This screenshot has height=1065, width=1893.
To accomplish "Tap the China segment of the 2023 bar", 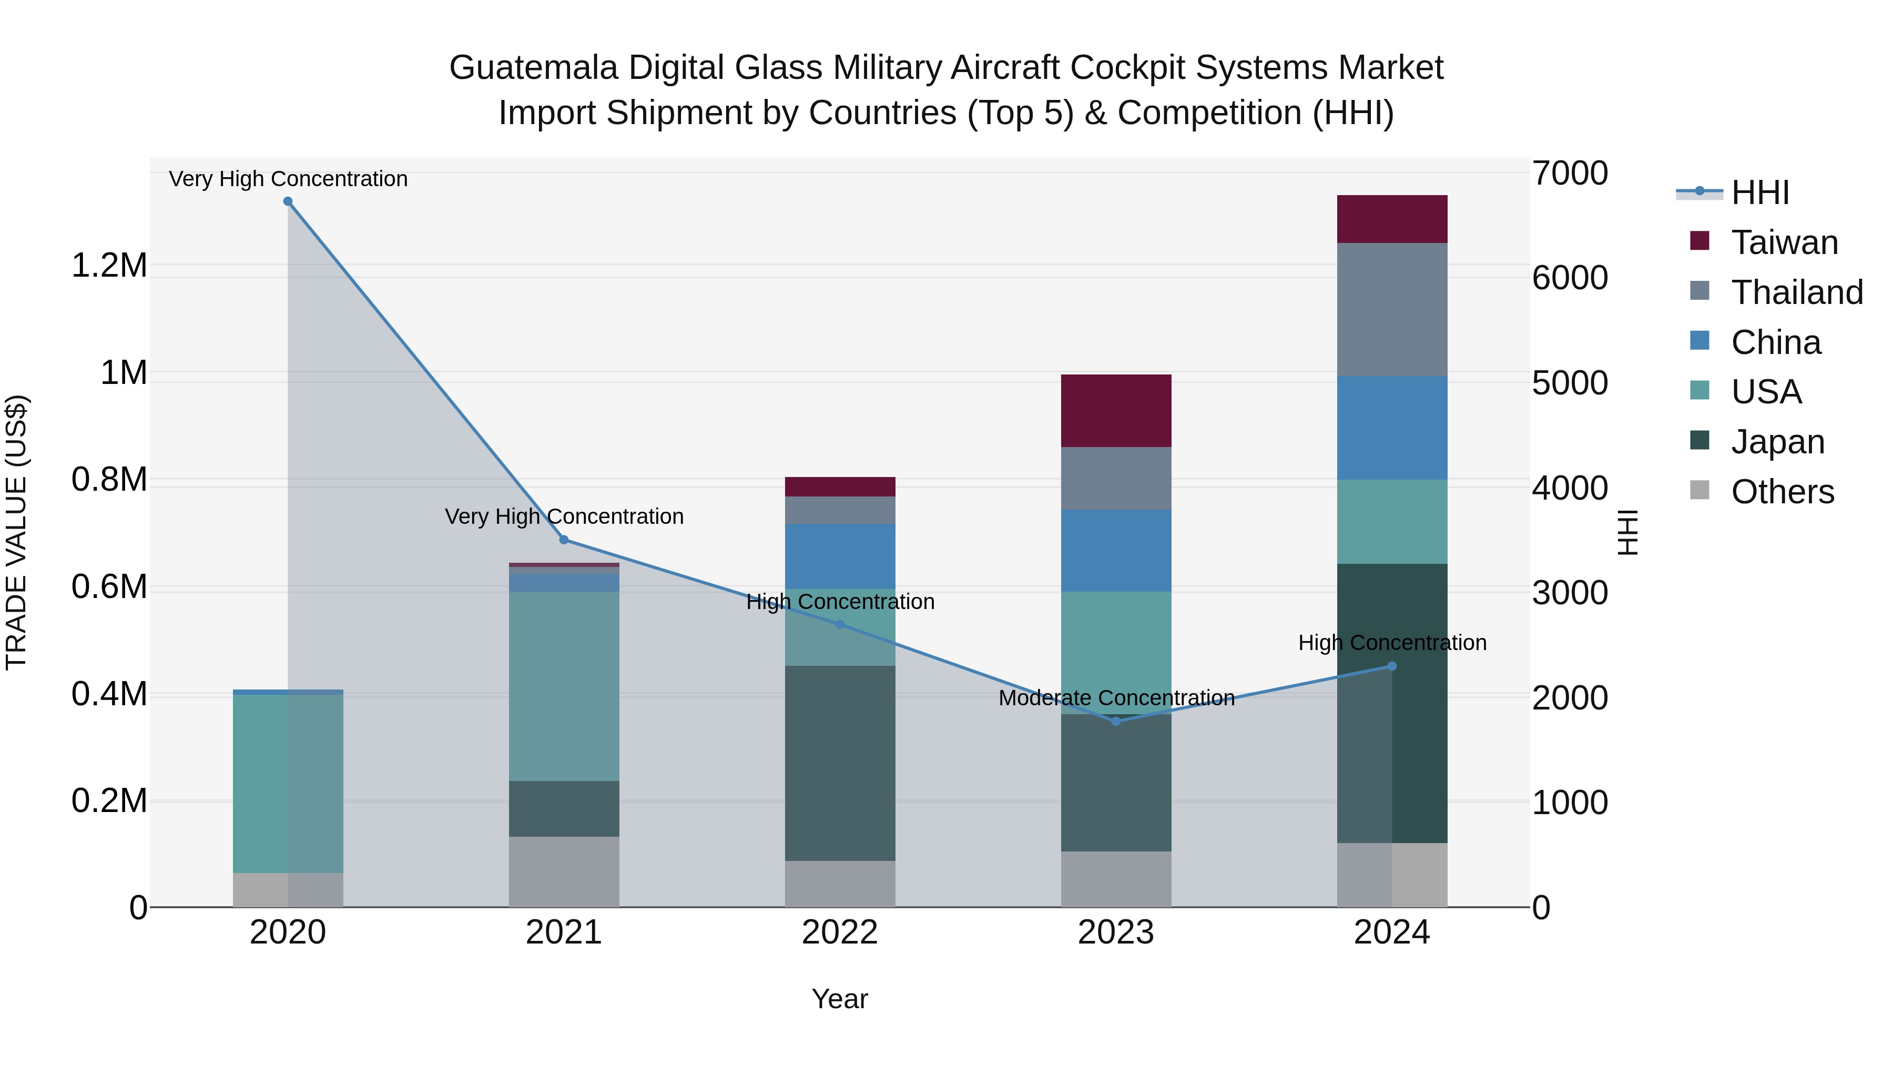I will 1115,551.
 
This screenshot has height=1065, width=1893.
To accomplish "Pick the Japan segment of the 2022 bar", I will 840,763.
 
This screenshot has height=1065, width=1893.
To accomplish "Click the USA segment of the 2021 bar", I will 564,686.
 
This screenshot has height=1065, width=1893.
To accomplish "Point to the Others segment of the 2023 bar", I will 1115,879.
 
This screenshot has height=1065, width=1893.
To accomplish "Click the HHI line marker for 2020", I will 288,201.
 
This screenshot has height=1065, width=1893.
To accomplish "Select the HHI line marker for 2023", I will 1115,721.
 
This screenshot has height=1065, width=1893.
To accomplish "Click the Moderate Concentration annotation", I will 1115,697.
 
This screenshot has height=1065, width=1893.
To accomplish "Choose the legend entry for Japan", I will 1777,442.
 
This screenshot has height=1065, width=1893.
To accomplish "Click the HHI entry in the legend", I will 1759,192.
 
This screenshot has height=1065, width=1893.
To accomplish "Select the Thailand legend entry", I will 1796,292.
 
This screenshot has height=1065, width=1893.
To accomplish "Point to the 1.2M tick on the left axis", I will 109,266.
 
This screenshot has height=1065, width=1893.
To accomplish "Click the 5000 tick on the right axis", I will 1570,383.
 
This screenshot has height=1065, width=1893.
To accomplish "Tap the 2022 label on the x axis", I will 840,932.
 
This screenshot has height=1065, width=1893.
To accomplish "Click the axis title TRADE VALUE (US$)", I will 16,532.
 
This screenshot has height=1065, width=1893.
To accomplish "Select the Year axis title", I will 840,999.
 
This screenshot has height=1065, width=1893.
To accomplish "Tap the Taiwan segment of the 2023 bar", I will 1115,411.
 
